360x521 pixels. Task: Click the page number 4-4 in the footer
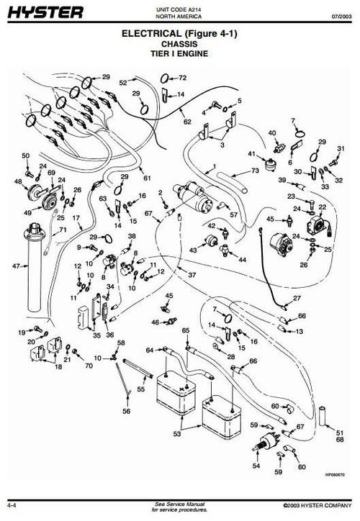(14, 505)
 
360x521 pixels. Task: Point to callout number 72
(182, 77)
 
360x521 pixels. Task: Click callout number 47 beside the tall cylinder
(16, 266)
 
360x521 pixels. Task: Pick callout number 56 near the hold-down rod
(127, 412)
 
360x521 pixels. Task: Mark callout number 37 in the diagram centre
(192, 276)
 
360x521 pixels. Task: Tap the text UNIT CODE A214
(180, 6)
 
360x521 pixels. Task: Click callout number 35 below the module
(96, 335)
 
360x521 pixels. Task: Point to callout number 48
(19, 182)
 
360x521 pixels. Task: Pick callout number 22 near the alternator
(323, 207)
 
